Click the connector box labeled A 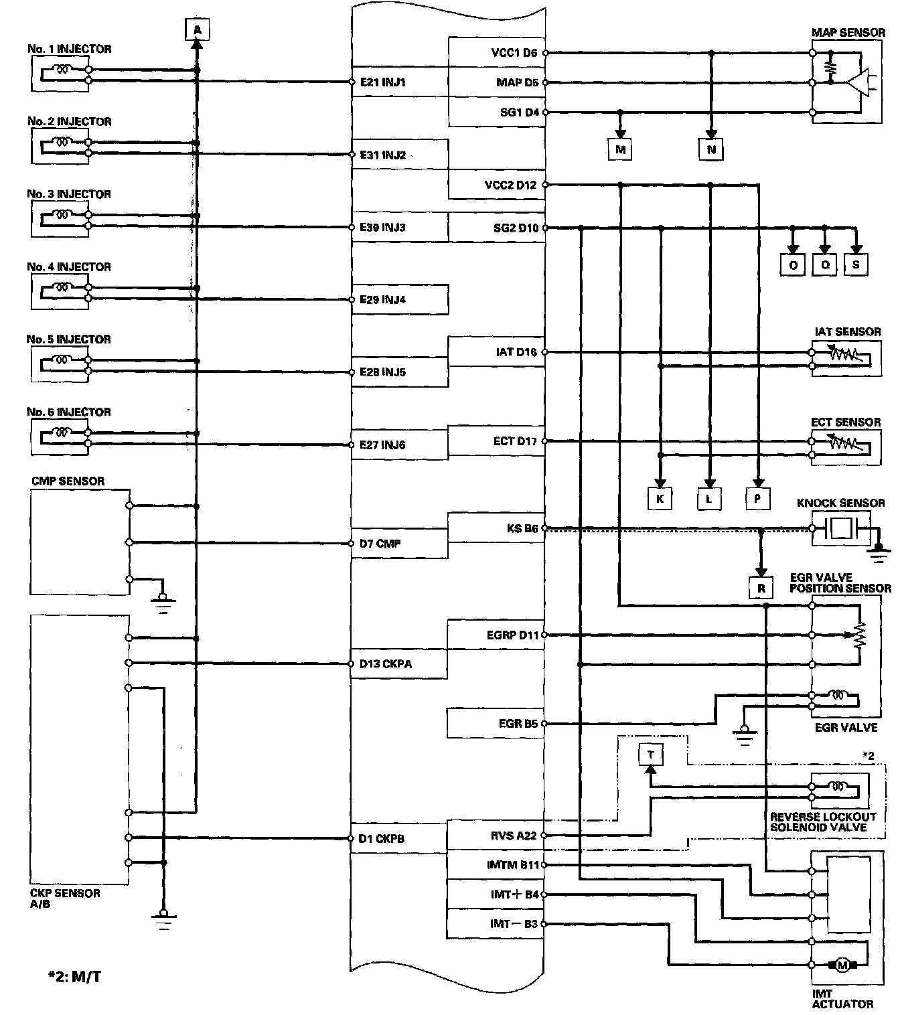[x=197, y=30]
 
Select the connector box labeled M [x=620, y=150]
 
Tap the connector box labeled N [x=710, y=150]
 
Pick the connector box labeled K [x=660, y=498]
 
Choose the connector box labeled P [x=757, y=498]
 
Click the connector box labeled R [x=760, y=589]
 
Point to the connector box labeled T [x=650, y=755]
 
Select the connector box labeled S [x=856, y=265]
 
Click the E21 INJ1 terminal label [x=382, y=82]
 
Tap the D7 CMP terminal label [x=380, y=544]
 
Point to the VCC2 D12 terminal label [x=510, y=185]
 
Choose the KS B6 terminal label [x=522, y=529]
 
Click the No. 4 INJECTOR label [x=69, y=266]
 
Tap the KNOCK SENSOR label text [x=841, y=503]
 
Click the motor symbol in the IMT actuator [x=842, y=965]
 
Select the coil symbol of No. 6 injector [x=63, y=433]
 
